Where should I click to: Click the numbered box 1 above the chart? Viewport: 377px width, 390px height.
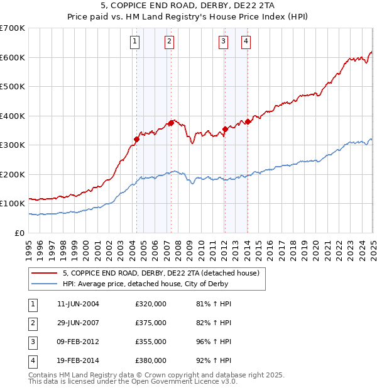tap(136, 42)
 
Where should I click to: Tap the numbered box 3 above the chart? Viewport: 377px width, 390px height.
tap(223, 42)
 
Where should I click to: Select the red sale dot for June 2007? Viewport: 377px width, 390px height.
tap(171, 123)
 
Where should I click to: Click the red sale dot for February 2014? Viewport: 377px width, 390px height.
tap(248, 121)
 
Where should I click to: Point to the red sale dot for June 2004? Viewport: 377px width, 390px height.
tap(136, 139)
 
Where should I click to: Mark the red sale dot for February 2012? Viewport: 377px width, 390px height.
tap(224, 129)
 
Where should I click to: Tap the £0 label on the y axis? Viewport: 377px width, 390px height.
tap(19, 233)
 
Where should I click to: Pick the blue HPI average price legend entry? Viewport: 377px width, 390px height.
tap(150, 284)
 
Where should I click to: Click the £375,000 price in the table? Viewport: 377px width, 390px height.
tap(151, 323)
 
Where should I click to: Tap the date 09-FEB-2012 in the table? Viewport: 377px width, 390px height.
tap(78, 342)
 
